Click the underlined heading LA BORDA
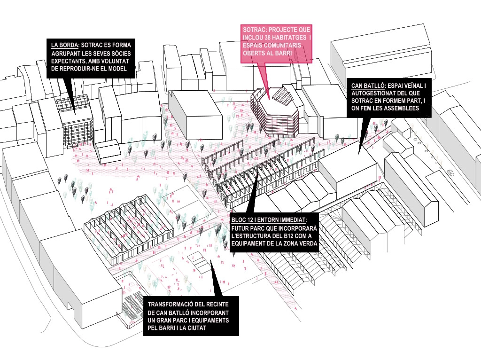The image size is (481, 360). [64, 46]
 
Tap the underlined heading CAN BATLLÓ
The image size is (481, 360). [367, 86]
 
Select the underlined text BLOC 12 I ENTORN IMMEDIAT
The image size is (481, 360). [269, 219]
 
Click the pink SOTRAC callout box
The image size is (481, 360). [276, 43]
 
